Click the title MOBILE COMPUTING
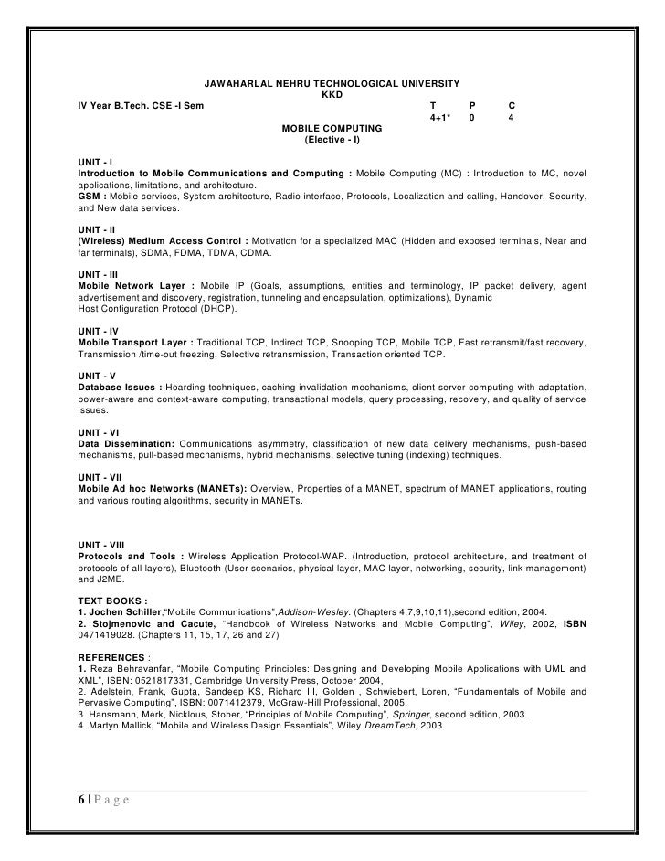pos(332,129)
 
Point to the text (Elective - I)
pos(332,140)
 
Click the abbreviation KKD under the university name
pos(332,95)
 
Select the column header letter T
pos(433,106)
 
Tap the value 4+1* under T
pos(440,118)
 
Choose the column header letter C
pos(512,106)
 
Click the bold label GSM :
pos(92,197)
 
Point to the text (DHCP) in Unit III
pos(216,309)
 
